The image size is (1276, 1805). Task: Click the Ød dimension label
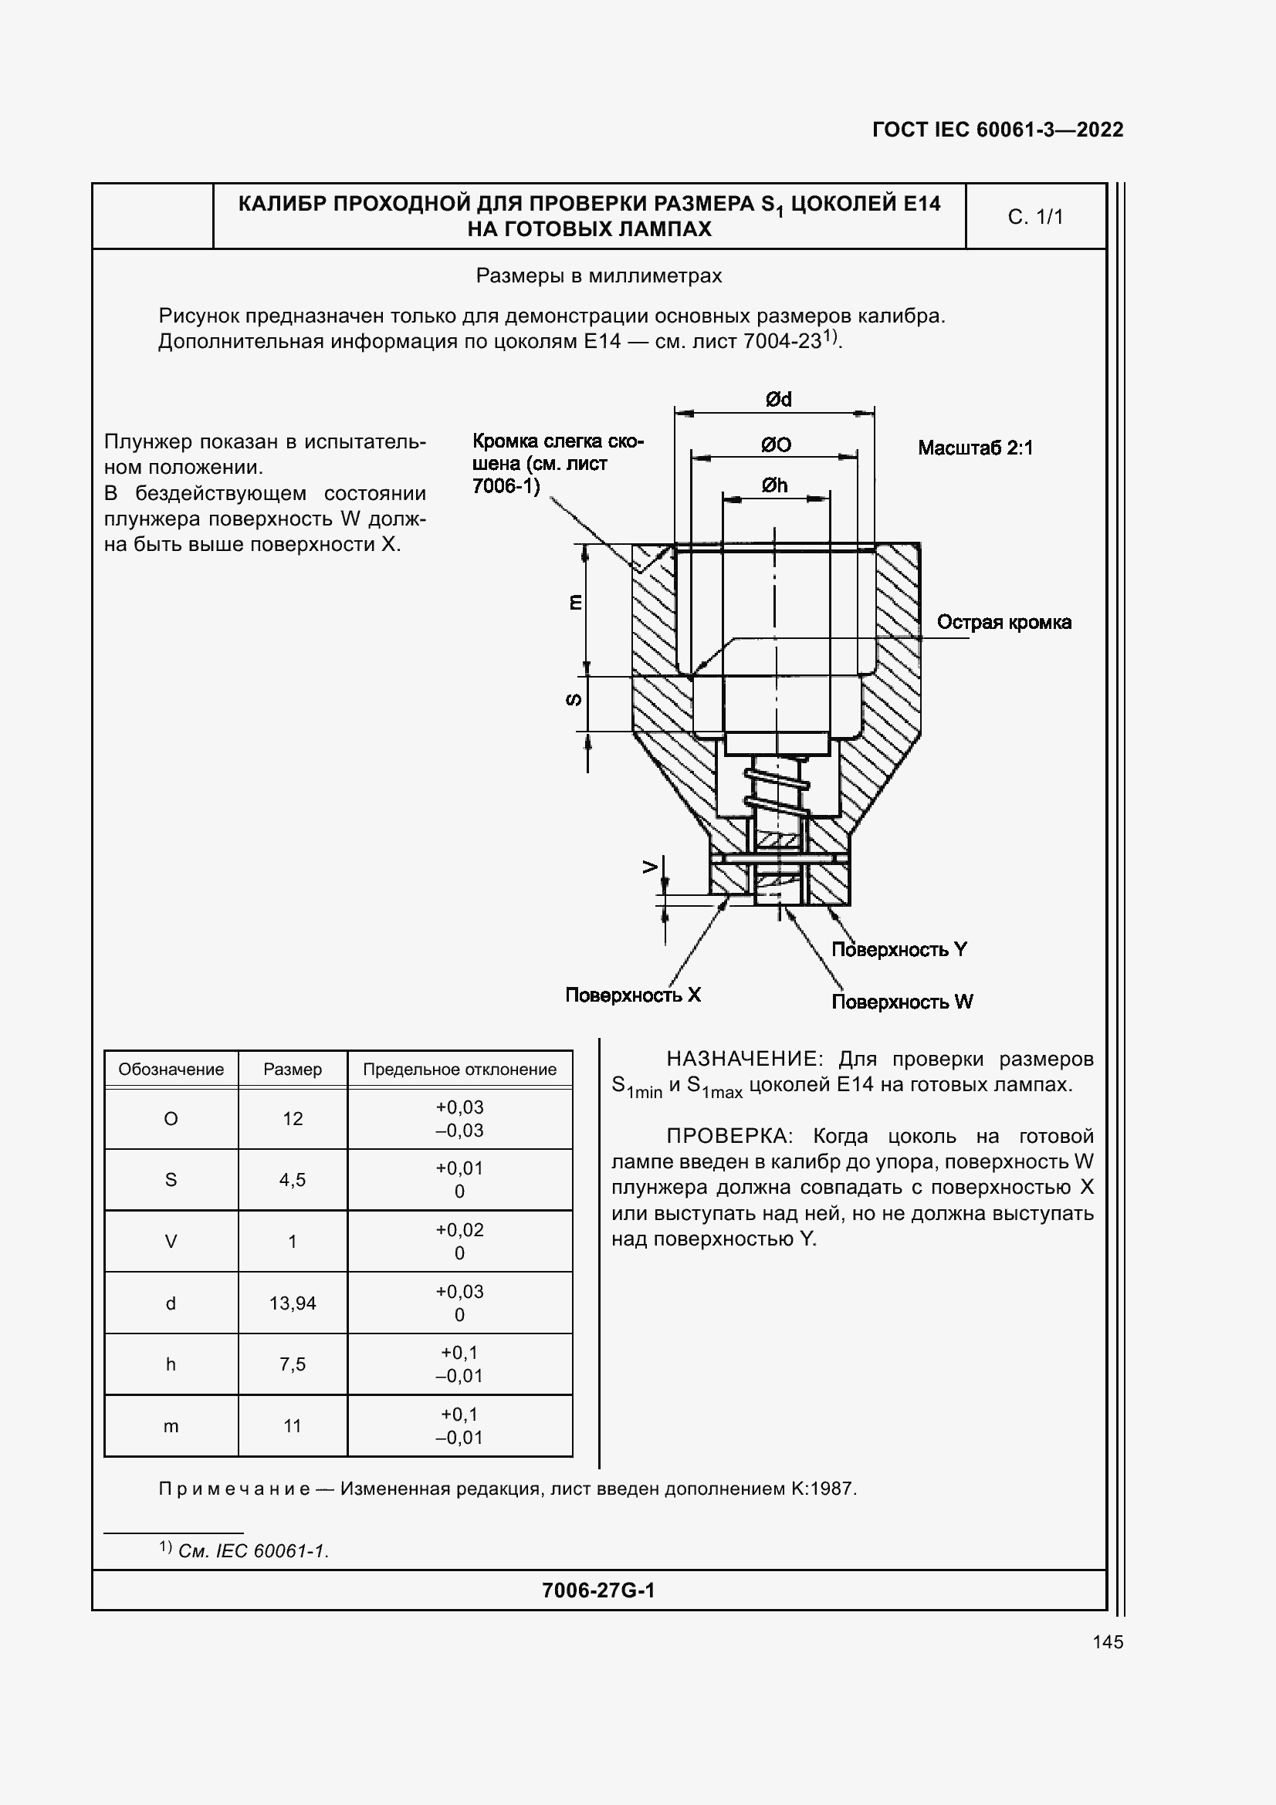tap(778, 401)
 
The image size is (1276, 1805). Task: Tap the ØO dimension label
tap(776, 445)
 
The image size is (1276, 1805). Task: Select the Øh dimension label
tap(774, 486)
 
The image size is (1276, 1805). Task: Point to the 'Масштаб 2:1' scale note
tap(975, 448)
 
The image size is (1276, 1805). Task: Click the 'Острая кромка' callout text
tap(1004, 623)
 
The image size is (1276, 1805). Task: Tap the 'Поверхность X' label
tap(633, 995)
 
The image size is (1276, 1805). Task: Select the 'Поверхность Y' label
tap(899, 950)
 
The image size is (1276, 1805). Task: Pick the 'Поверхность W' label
tap(902, 1002)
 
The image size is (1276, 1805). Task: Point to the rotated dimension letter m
tap(575, 603)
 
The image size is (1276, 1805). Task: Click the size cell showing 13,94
tap(293, 1303)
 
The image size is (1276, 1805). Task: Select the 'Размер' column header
tap(293, 1069)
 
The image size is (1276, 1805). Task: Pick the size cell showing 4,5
tap(293, 1180)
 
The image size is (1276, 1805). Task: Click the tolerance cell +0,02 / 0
tap(459, 1242)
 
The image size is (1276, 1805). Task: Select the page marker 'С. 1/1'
tap(1035, 217)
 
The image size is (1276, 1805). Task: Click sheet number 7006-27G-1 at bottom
tap(598, 1590)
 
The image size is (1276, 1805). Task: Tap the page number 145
tap(1107, 1642)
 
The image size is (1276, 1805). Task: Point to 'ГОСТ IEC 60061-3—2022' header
tap(997, 130)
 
